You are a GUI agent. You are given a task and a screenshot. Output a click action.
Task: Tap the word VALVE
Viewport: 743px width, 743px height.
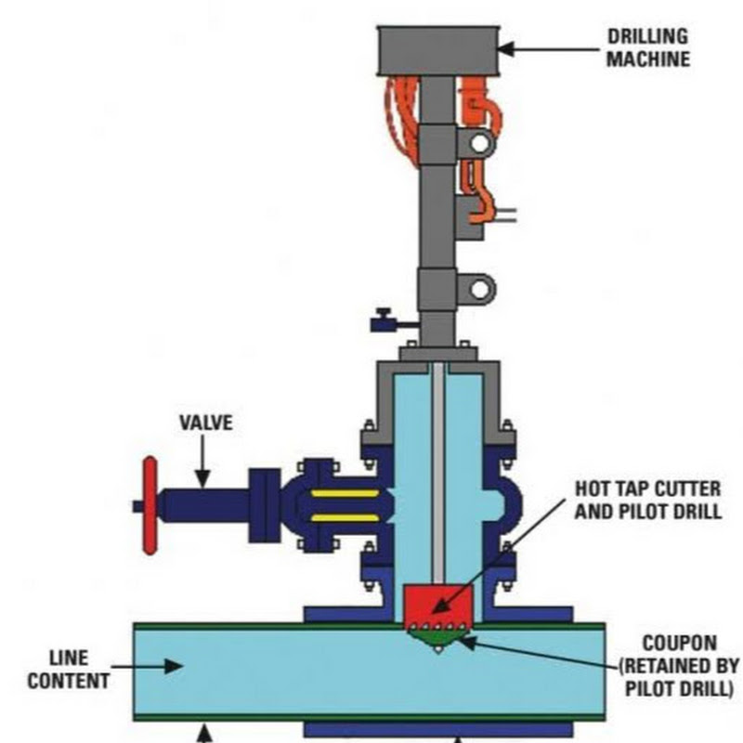[205, 424]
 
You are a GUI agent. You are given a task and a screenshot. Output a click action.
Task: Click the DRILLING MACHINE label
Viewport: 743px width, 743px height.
[649, 48]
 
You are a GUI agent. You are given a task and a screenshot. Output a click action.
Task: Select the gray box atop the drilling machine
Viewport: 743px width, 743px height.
[437, 50]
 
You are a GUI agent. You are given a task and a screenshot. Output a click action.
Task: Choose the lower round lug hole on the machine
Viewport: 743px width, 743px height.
[479, 289]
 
